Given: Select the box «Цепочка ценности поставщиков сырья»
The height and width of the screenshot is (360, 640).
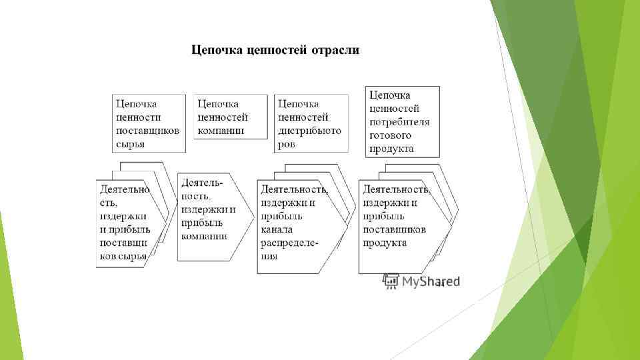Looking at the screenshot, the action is pos(148,123).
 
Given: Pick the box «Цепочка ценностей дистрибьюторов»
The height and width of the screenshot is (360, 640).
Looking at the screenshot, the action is pos(311,123).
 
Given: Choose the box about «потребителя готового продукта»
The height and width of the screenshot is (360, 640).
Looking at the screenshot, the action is pos(403,121).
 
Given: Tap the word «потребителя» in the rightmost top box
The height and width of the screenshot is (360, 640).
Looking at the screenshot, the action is pos(399,122).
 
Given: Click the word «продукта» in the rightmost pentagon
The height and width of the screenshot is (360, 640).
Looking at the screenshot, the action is pos(385,243).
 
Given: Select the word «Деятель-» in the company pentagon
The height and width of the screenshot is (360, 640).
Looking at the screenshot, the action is pos(202,182).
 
